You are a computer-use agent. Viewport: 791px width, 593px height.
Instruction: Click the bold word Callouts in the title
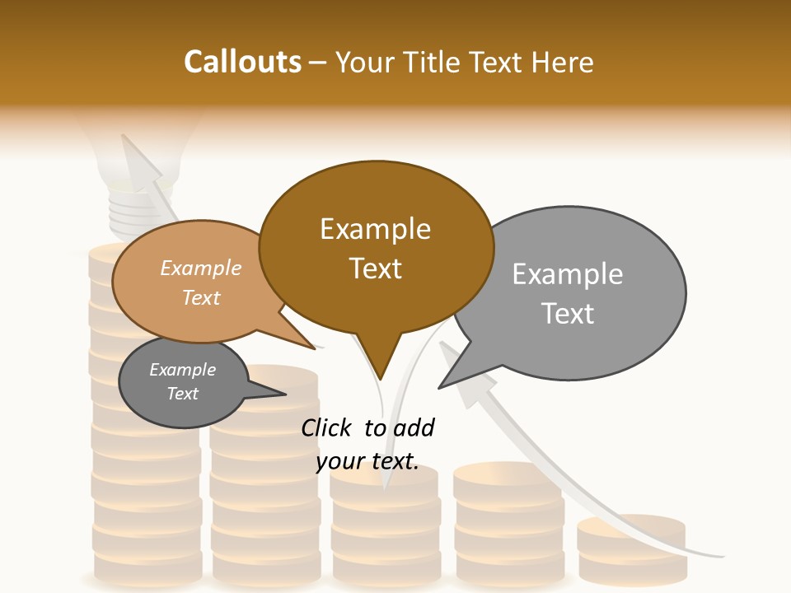243,62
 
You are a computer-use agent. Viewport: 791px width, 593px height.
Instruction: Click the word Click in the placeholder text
329,427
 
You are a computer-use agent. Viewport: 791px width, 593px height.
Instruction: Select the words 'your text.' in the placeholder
367,461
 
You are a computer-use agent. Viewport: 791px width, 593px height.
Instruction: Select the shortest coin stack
631,548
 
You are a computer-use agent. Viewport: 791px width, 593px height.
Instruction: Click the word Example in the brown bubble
375,229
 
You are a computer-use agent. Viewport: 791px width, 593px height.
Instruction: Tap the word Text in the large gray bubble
569,314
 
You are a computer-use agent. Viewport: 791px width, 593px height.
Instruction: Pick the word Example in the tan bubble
200,268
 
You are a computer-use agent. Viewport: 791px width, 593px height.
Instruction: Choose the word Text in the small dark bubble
183,394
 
